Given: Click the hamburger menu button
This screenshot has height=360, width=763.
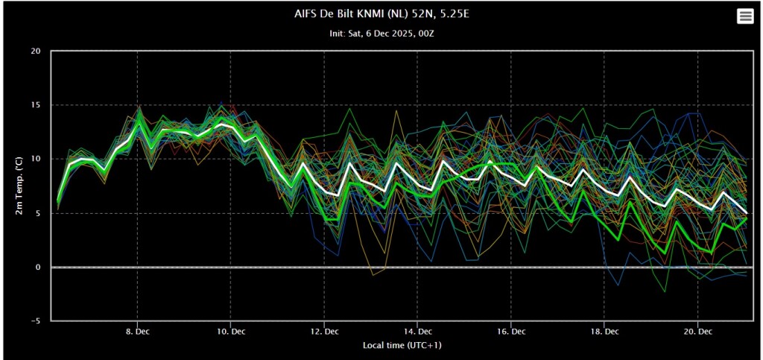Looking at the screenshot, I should [744, 16].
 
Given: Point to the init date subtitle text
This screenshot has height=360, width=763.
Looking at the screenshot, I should [381, 34].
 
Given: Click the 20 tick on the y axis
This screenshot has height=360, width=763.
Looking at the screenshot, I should [36, 51].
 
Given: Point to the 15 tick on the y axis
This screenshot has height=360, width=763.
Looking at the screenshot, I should [36, 105].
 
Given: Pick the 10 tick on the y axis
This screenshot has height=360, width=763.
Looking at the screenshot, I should [36, 159].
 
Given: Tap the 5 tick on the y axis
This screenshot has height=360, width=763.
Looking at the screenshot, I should [38, 213].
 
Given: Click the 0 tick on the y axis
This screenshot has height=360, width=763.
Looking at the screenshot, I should [38, 267].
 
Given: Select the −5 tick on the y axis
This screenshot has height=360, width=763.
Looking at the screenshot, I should [35, 321].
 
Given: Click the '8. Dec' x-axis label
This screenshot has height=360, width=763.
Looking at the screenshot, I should [137, 330].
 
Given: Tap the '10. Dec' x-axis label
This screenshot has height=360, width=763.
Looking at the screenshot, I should [230, 330].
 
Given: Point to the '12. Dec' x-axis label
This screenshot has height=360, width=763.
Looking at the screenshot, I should [323, 330].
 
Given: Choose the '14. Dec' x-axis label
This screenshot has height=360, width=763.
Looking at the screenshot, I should [417, 330].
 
